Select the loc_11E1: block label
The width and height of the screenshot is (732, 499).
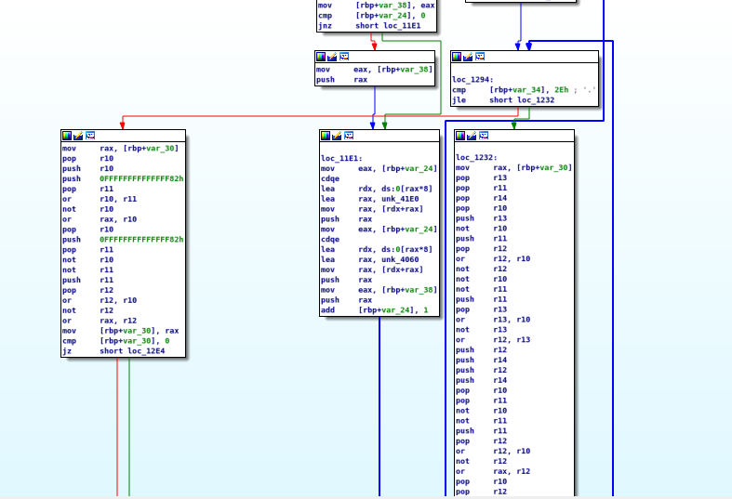[341, 159]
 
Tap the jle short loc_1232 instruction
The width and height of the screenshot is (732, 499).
[502, 100]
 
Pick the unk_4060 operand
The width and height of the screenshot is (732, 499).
[400, 259]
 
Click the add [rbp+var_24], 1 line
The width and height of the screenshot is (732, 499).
[374, 309]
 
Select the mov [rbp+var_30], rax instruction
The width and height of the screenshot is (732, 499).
[120, 330]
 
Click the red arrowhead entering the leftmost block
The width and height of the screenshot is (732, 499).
[122, 125]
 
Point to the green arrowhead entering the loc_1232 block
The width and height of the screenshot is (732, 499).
[513, 125]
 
